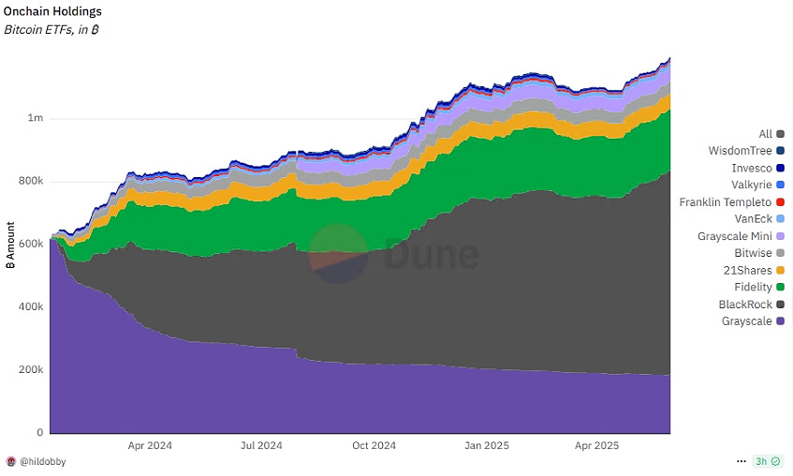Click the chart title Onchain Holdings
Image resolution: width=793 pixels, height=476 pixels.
click(53, 11)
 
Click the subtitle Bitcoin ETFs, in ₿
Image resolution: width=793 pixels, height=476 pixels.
click(52, 30)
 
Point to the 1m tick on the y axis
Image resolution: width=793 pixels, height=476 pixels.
click(36, 119)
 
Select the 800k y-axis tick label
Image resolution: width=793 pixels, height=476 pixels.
click(30, 182)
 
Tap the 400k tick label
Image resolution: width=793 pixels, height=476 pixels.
click(30, 307)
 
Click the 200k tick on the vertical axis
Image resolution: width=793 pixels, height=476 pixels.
click(30, 370)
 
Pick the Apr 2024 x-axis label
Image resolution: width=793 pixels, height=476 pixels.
click(150, 446)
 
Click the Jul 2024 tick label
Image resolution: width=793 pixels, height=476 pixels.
click(261, 446)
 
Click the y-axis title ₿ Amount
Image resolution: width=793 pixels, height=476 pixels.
click(10, 246)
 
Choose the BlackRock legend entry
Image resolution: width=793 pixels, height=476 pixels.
click(745, 305)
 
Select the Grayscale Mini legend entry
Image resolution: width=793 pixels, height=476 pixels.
click(735, 236)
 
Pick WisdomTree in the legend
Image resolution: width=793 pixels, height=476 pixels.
click(742, 151)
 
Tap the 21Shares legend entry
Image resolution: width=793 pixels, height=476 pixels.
click(749, 271)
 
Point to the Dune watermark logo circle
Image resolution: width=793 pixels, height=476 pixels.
click(338, 254)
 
